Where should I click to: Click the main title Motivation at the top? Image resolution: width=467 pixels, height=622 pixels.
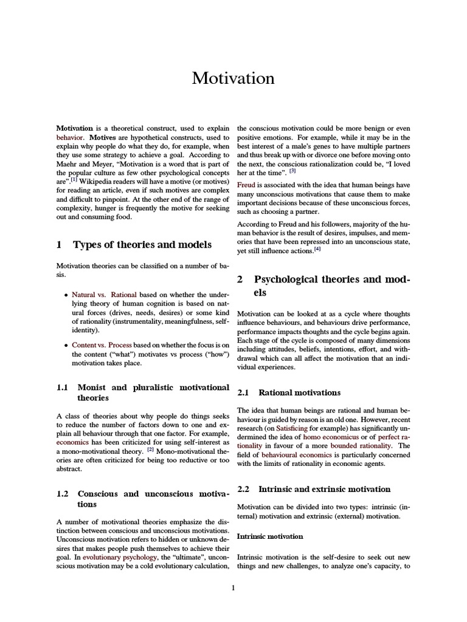pyautogui.click(x=233, y=78)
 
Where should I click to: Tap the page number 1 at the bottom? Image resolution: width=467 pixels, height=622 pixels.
pyautogui.click(x=233, y=587)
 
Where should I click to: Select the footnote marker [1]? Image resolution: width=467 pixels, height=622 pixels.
pyautogui.click(x=74, y=179)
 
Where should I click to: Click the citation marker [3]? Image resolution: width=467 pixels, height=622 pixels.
pyautogui.click(x=292, y=171)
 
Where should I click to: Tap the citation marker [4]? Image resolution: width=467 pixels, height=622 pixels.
pyautogui.click(x=317, y=248)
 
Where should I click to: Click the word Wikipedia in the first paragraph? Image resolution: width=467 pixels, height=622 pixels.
pyautogui.click(x=99, y=181)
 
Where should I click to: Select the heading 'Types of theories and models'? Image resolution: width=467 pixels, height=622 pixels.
pyautogui.click(x=142, y=245)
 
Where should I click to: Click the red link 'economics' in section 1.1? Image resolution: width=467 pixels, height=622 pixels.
pyautogui.click(x=72, y=443)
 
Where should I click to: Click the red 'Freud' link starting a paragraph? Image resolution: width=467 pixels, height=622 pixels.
pyautogui.click(x=246, y=185)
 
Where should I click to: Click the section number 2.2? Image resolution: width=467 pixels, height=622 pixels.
pyautogui.click(x=243, y=488)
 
